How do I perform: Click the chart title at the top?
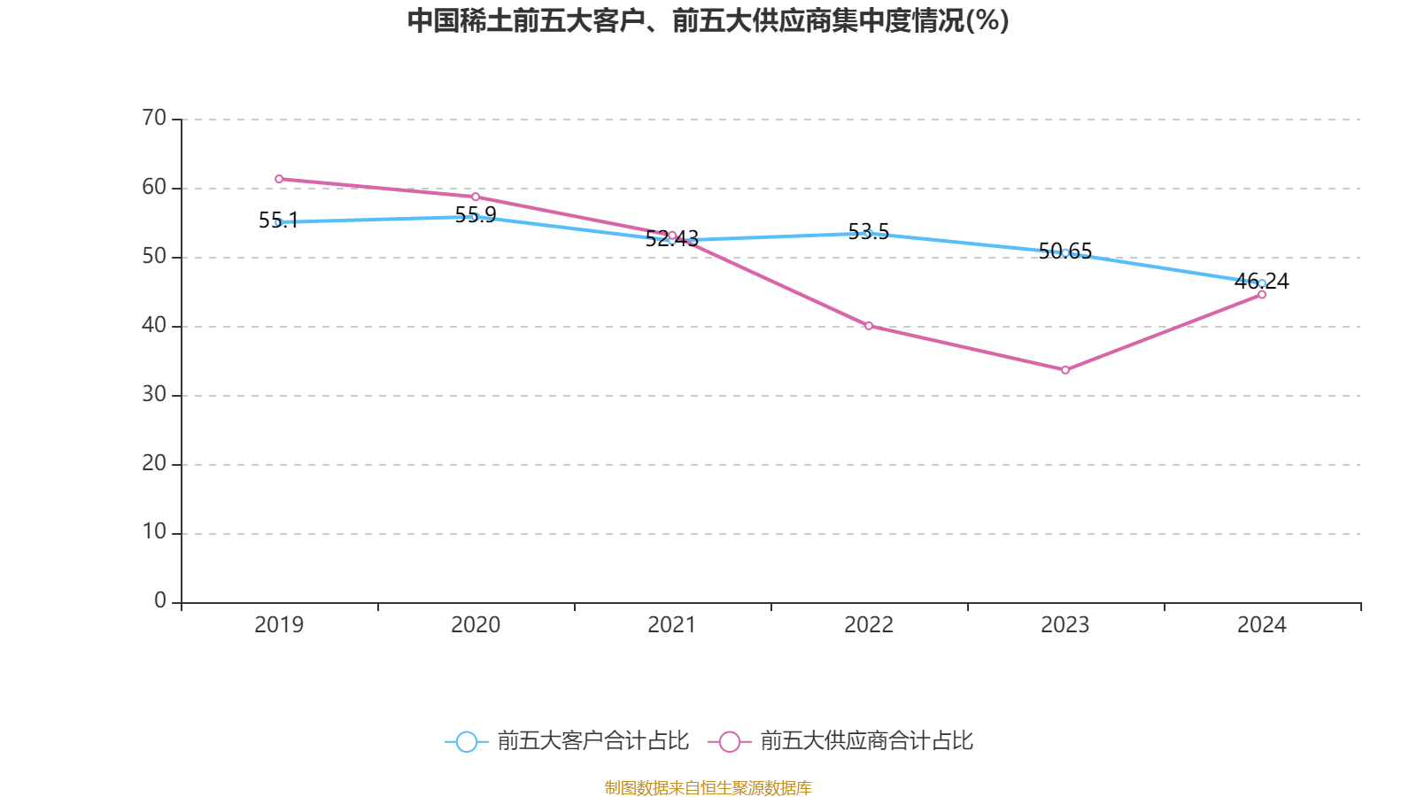click(708, 20)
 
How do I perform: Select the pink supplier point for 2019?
click(279, 179)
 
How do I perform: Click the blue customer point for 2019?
click(279, 222)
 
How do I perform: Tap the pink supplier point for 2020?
click(476, 197)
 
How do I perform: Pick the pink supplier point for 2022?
click(869, 326)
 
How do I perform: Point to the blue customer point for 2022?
click(869, 234)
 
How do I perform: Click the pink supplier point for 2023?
click(1065, 370)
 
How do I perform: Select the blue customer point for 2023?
click(1065, 252)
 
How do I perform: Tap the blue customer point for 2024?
click(1262, 283)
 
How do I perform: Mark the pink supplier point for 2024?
click(1262, 295)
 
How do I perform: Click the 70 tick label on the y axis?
click(154, 118)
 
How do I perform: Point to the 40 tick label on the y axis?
click(154, 325)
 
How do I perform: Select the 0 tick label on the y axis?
click(160, 600)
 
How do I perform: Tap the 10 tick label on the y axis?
click(154, 531)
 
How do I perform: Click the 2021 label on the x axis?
click(672, 625)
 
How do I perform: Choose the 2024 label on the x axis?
click(1262, 625)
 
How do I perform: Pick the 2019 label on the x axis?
click(279, 625)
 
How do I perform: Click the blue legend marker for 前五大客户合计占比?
click(466, 741)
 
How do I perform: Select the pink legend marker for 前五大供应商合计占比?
click(730, 741)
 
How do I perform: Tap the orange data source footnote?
click(708, 787)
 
